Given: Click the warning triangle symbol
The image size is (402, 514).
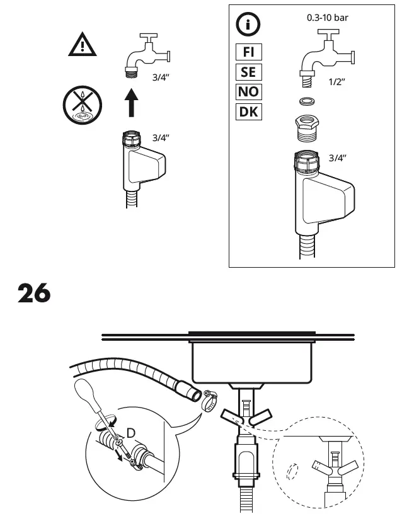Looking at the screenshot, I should point(83,45).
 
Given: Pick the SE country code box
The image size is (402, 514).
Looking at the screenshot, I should point(248,72).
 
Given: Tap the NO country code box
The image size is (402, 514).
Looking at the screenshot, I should point(248,92).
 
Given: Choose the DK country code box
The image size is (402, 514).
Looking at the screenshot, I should point(248,112).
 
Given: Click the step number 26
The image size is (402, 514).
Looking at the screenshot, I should point(34,293).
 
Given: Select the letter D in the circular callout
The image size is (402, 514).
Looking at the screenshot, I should point(131,433).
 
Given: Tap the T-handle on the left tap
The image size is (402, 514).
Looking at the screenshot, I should point(149,37).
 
